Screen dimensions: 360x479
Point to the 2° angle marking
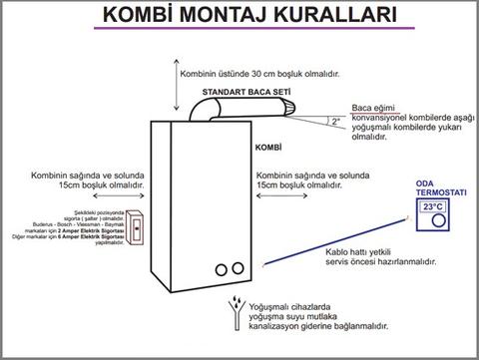pos(336,121)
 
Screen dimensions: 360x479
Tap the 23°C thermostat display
pos(432,206)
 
